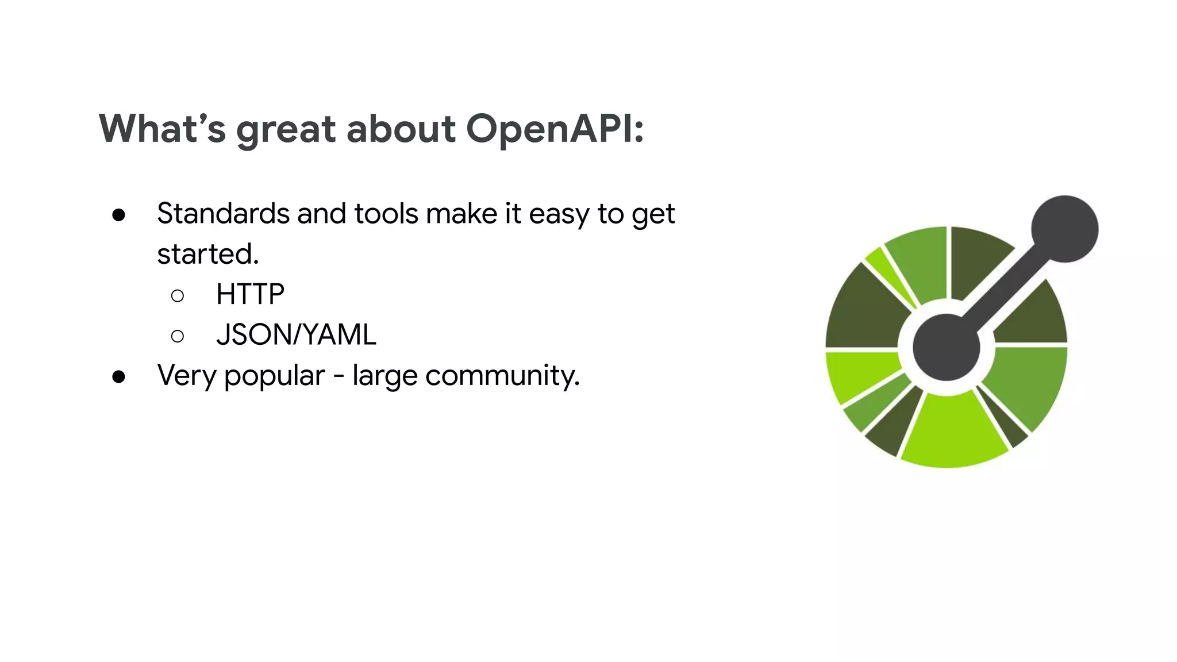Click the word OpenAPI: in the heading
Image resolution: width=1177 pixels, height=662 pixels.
pyautogui.click(x=555, y=129)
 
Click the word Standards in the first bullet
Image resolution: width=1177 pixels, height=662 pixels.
pyautogui.click(x=224, y=214)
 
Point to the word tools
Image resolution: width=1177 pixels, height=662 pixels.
pyautogui.click(x=386, y=214)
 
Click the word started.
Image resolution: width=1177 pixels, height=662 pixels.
pyautogui.click(x=207, y=254)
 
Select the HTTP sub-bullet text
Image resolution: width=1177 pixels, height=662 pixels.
pyautogui.click(x=250, y=294)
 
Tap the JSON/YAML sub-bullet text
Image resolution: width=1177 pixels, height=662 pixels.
pyautogui.click(x=296, y=334)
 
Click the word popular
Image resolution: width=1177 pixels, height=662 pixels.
pyautogui.click(x=274, y=376)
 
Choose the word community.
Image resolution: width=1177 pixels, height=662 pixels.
pyautogui.click(x=502, y=376)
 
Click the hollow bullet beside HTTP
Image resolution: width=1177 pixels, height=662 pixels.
pyautogui.click(x=178, y=296)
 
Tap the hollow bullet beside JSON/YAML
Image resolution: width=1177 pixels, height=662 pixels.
pyautogui.click(x=178, y=336)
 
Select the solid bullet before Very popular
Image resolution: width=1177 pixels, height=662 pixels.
pyautogui.click(x=119, y=377)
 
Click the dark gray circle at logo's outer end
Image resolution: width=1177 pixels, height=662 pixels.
pyautogui.click(x=1064, y=229)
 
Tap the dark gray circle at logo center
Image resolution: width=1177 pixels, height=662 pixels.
pyautogui.click(x=946, y=347)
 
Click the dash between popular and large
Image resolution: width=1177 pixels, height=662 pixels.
pyautogui.click(x=339, y=377)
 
